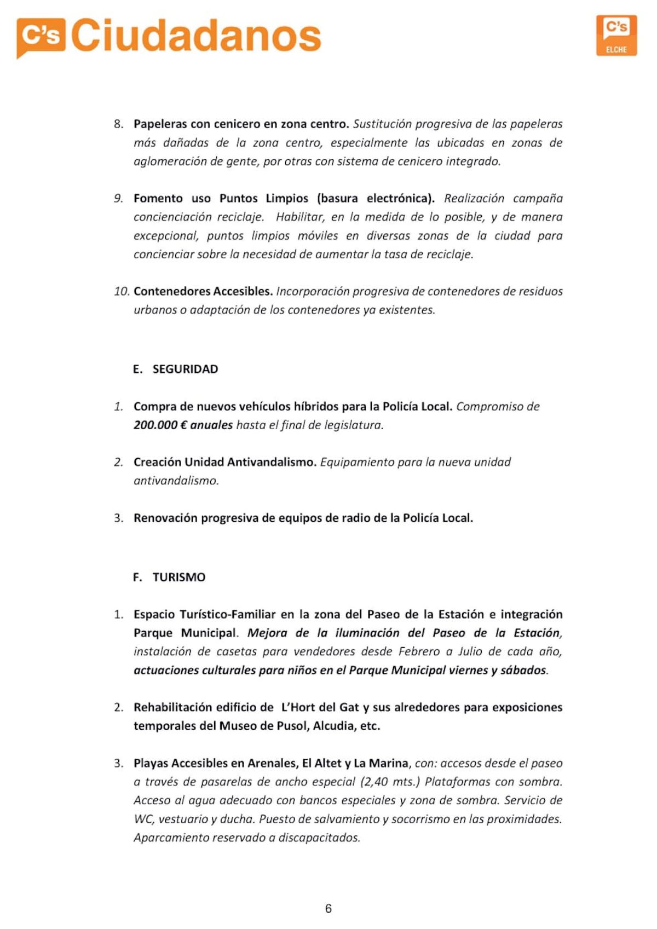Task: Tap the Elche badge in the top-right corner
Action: (x=616, y=36)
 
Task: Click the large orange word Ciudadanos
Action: (x=196, y=36)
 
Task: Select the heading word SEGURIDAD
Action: (x=185, y=369)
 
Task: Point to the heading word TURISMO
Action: (x=179, y=577)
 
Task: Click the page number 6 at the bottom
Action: (x=328, y=909)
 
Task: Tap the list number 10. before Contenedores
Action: (x=122, y=291)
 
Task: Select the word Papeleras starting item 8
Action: (x=160, y=124)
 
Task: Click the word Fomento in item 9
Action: (x=158, y=198)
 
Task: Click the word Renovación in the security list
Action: (x=165, y=518)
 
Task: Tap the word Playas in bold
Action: (x=151, y=763)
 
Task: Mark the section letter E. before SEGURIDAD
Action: (x=137, y=369)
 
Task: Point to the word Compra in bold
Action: (x=155, y=407)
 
